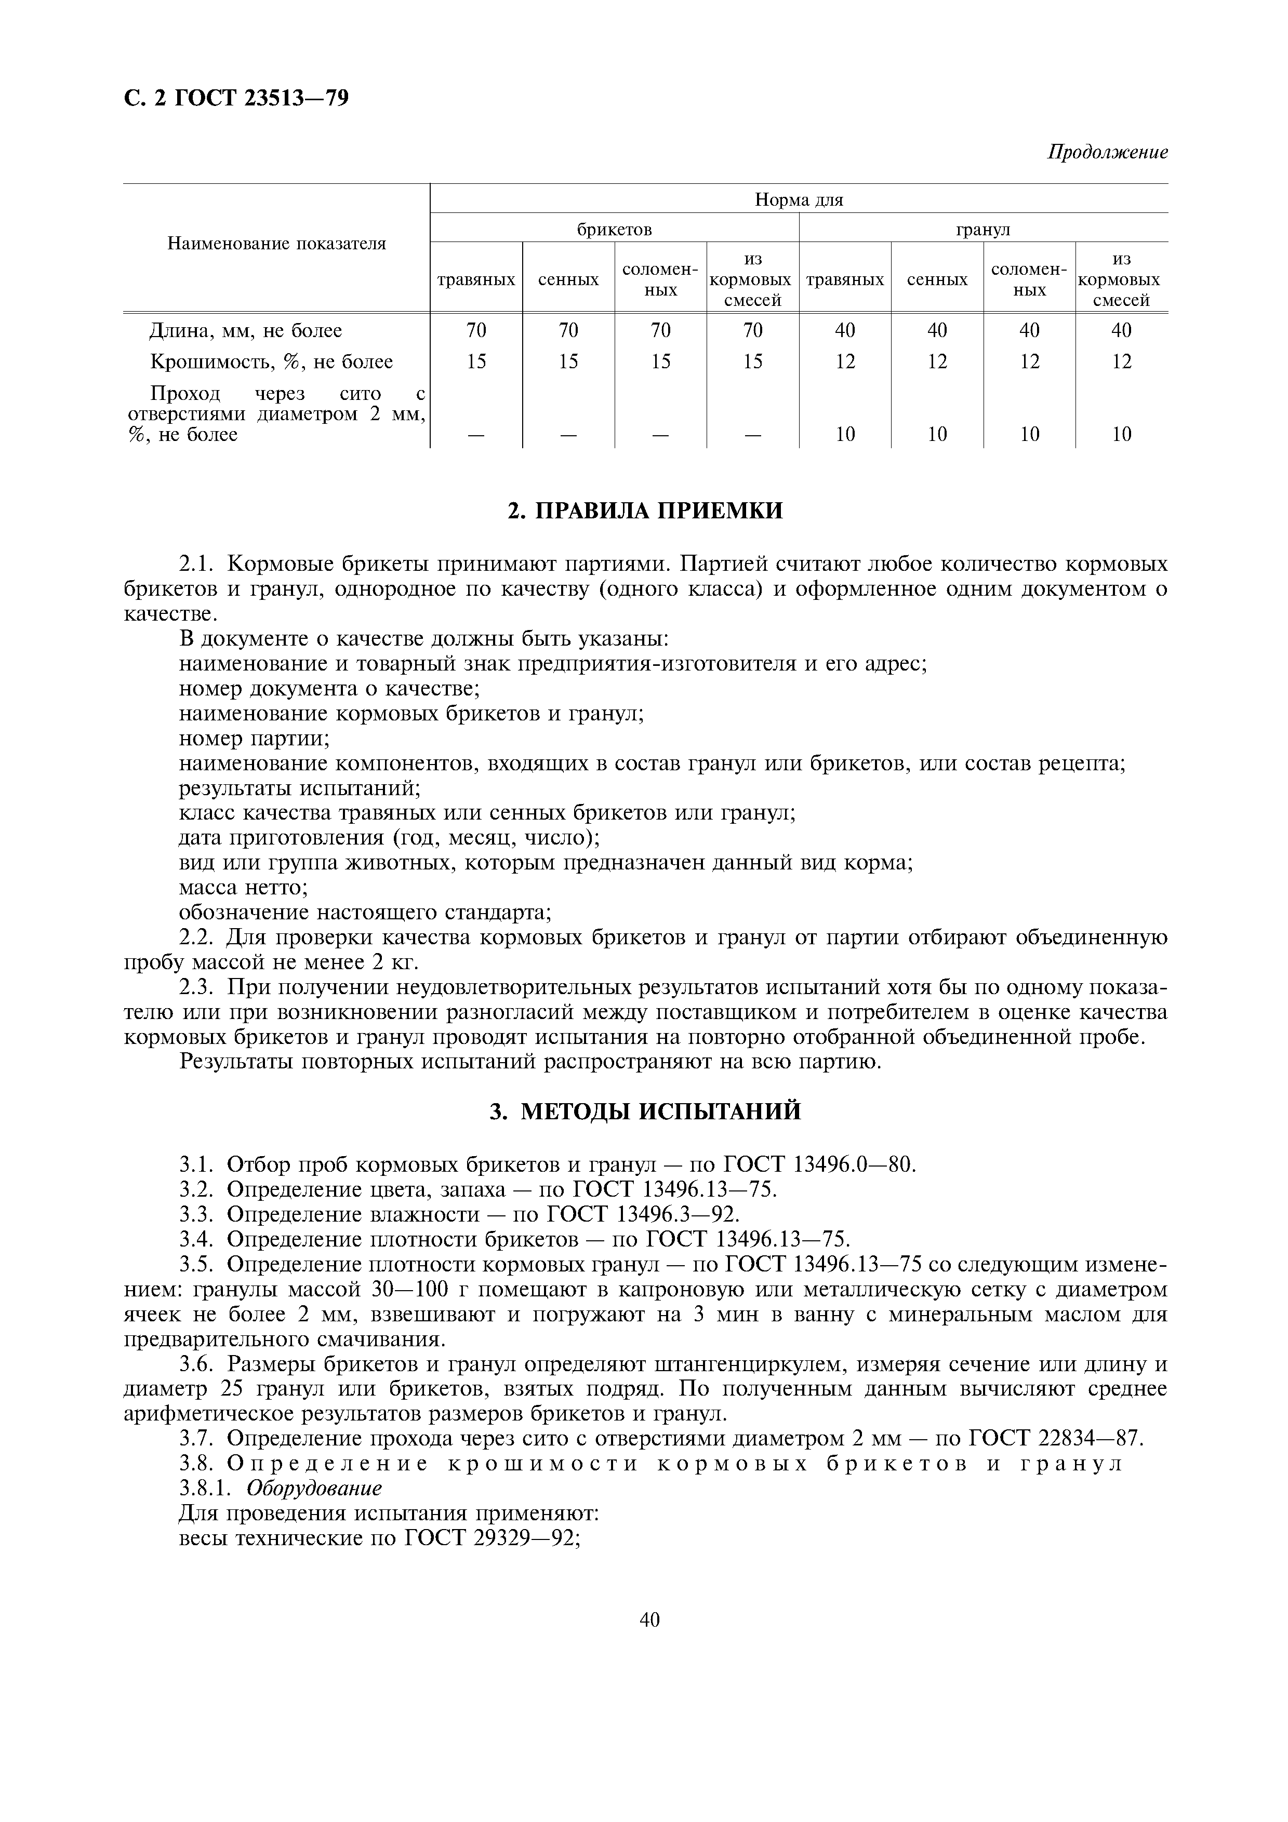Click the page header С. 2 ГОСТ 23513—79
click(x=236, y=98)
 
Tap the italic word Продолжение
click(x=1107, y=152)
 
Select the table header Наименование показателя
click(x=276, y=244)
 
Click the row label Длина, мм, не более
click(x=246, y=330)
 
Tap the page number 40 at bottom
click(x=649, y=1619)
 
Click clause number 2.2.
click(x=197, y=938)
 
